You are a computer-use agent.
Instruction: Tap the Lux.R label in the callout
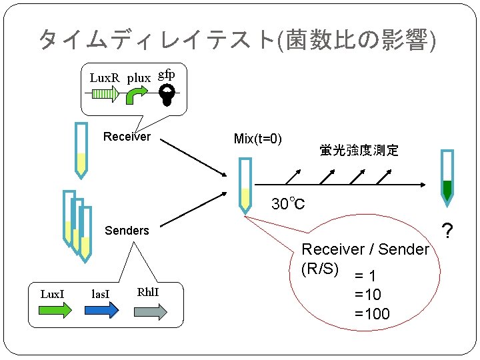[104, 78]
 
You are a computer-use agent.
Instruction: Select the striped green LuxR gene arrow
[105, 95]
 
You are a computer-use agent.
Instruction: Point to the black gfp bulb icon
[167, 94]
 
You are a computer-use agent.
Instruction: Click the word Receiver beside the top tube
[127, 137]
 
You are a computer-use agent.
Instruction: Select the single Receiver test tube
[81, 150]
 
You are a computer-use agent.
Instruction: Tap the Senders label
[127, 231]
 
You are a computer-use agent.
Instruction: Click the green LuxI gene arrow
[55, 310]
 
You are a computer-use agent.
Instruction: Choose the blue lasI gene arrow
[102, 310]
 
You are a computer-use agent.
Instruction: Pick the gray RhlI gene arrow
[151, 311]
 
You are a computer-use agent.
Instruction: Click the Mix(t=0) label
[258, 139]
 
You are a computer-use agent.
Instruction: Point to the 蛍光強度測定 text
[359, 151]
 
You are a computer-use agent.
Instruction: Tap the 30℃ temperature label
[288, 203]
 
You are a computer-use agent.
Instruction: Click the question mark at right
[448, 231]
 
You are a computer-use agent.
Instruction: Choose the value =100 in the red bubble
[372, 314]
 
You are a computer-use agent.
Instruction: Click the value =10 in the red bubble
[368, 295]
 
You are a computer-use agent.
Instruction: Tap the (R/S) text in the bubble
[321, 269]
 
